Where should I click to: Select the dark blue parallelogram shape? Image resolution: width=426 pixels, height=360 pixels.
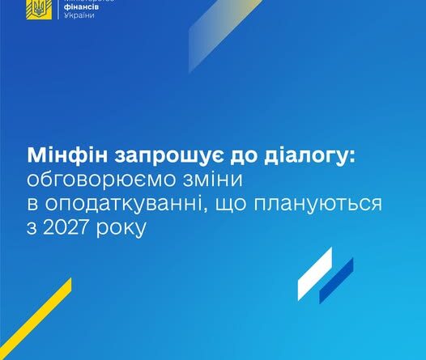[336, 280]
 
